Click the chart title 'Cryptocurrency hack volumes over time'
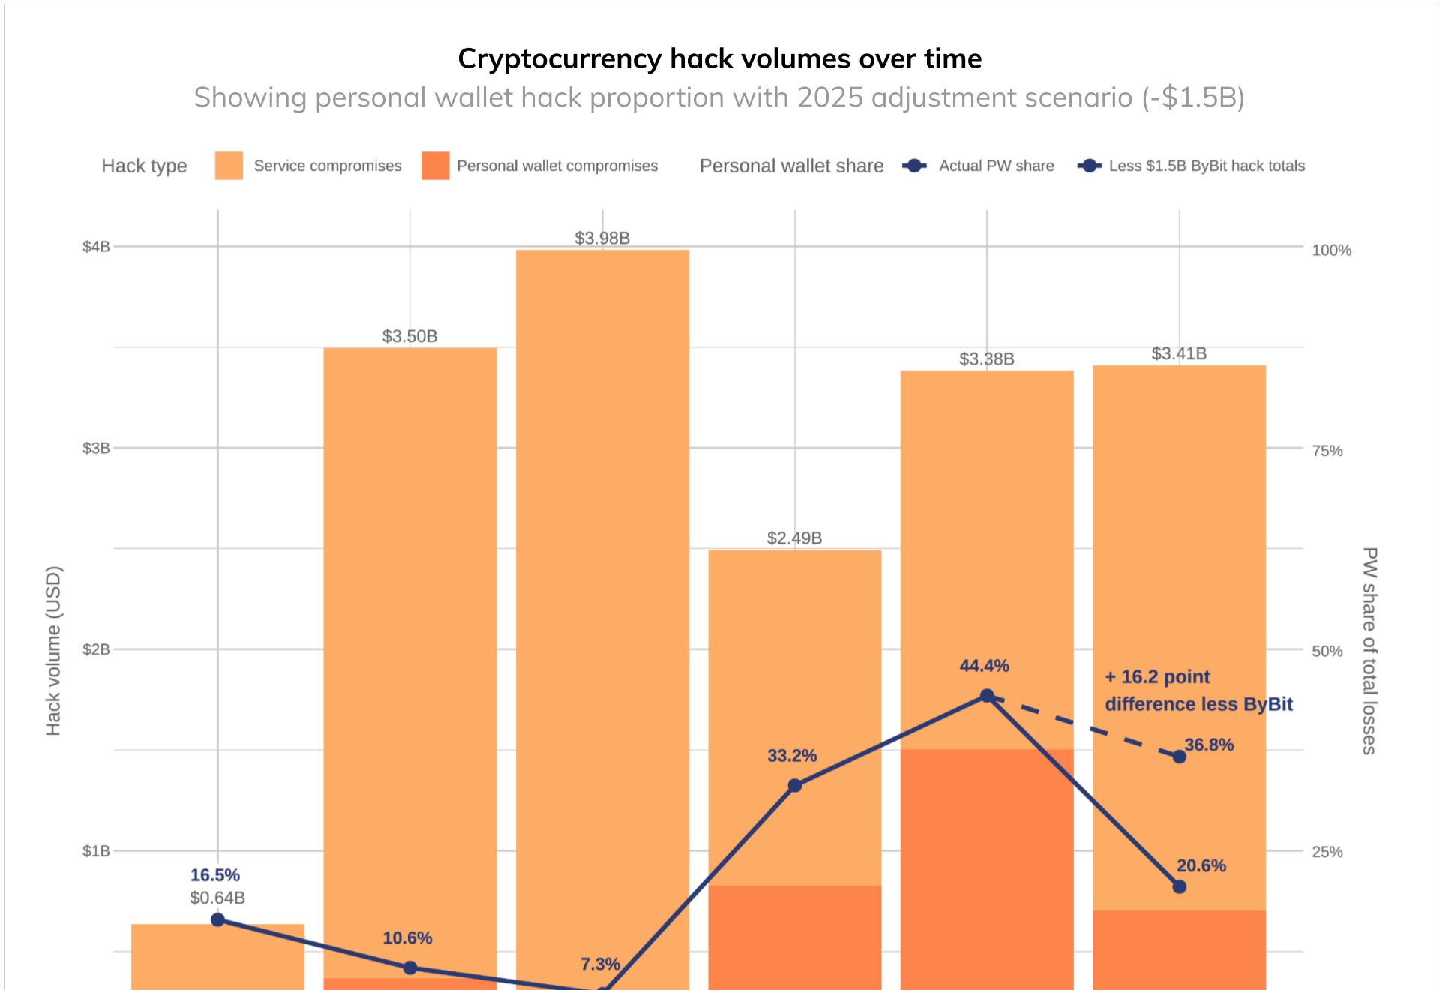[x=719, y=58]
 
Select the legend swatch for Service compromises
[x=229, y=166]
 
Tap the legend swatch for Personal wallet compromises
[x=435, y=166]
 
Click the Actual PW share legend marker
[x=914, y=166]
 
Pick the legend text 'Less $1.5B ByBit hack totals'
[x=1206, y=166]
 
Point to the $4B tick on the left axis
[x=96, y=247]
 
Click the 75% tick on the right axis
[x=1327, y=451]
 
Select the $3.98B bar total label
[x=601, y=238]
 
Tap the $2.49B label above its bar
[x=794, y=538]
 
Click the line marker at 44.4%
[x=987, y=696]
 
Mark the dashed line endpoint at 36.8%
[x=1180, y=757]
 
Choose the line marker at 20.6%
[x=1180, y=886]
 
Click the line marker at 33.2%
[x=795, y=785]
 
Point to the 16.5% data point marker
[x=217, y=919]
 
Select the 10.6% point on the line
[x=410, y=967]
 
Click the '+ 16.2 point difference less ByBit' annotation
[x=1198, y=691]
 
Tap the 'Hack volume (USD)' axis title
[x=53, y=650]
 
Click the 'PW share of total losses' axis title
[x=1369, y=650]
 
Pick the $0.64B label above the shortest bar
[x=217, y=898]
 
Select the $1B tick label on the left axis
[x=96, y=851]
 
